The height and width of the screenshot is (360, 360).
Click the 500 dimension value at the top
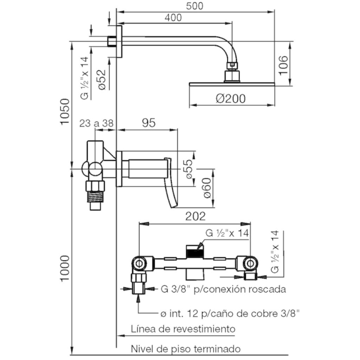pyautogui.click(x=195, y=6)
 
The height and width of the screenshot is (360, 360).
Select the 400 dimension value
pyautogui.click(x=173, y=17)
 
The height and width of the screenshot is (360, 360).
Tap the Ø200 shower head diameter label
pyautogui.click(x=231, y=99)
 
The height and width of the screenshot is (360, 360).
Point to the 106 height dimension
pyautogui.click(x=283, y=65)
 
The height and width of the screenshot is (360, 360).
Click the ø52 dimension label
pyautogui.click(x=102, y=80)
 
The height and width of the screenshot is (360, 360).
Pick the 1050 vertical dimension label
pyautogui.click(x=65, y=112)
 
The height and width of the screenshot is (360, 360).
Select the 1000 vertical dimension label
pyautogui.click(x=65, y=269)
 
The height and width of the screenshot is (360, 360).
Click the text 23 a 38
pyautogui.click(x=96, y=123)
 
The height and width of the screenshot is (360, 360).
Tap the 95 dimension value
pyautogui.click(x=148, y=123)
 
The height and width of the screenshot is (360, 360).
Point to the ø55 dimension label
pyautogui.click(x=189, y=169)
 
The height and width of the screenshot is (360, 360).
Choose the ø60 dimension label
pyautogui.click(x=207, y=188)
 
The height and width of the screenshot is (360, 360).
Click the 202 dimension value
pyautogui.click(x=195, y=216)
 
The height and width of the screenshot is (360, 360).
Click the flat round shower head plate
pyautogui.click(x=232, y=84)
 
